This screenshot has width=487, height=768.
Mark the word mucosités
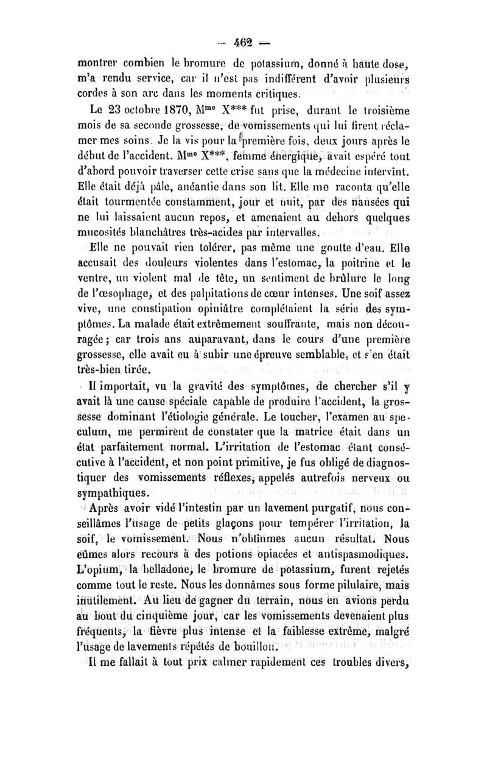(x=104, y=232)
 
